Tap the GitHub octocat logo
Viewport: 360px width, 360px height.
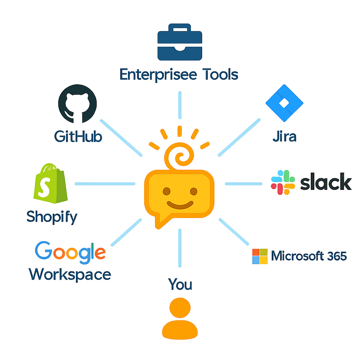pos(77,104)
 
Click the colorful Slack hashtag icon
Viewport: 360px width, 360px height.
pos(283,182)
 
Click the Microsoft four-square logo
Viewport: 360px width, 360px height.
pos(260,256)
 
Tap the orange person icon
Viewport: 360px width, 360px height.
pos(180,318)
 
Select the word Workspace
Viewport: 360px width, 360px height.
pos(70,274)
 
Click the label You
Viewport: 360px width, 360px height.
pos(180,284)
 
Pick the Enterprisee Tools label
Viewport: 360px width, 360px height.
pos(179,75)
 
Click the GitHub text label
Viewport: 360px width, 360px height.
pos(78,136)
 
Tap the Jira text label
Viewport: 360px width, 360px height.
pos(284,136)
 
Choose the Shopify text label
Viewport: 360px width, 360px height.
pos(52,217)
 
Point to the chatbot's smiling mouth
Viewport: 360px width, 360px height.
pos(180,204)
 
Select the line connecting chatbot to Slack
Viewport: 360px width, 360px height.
pos(243,184)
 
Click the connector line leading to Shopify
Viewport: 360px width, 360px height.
pos(105,184)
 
